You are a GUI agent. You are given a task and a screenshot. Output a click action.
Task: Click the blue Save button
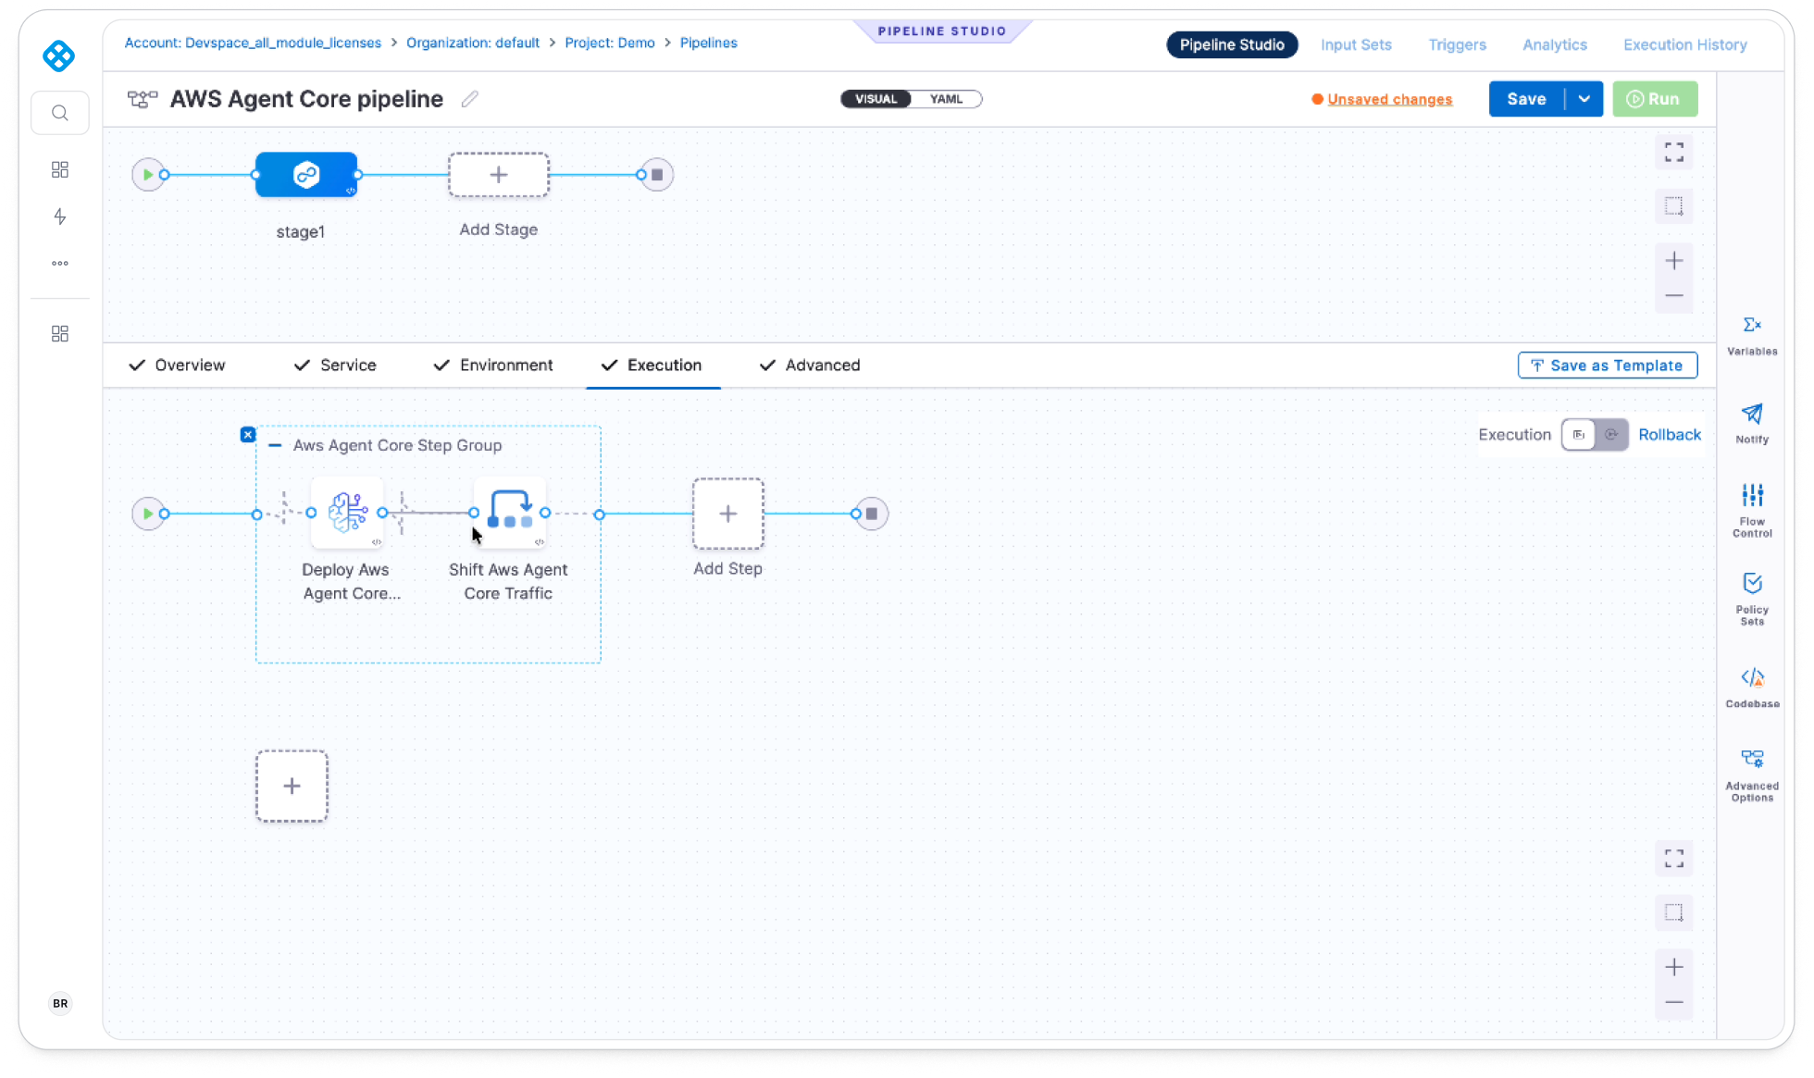[1526, 99]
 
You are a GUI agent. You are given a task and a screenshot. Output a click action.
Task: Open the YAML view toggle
[946, 99]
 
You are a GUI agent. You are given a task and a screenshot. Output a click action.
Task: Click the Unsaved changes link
[1389, 99]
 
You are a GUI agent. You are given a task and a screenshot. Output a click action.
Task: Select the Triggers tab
[1457, 44]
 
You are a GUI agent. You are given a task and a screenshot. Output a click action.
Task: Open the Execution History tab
[1684, 44]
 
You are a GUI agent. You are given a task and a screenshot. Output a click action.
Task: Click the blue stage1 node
[306, 175]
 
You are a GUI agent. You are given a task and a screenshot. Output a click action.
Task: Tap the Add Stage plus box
[499, 175]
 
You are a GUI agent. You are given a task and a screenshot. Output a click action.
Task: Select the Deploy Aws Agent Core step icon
[347, 513]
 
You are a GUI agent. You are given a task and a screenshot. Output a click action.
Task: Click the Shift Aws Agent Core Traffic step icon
[510, 513]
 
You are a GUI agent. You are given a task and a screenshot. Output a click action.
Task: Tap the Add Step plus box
[728, 514]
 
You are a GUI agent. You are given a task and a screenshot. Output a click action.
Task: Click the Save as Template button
[1608, 366]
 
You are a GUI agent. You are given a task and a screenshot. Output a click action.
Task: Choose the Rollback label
[1670, 435]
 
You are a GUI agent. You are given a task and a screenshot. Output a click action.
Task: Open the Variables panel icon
[1752, 335]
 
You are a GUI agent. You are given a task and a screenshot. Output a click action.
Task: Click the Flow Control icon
[1752, 510]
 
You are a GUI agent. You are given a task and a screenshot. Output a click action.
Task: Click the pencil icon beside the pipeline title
[470, 99]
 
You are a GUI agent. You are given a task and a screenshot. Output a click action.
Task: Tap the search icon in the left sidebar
[60, 113]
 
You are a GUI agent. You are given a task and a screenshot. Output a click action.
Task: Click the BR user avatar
[60, 1003]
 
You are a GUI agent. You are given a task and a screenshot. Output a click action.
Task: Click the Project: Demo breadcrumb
[610, 43]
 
